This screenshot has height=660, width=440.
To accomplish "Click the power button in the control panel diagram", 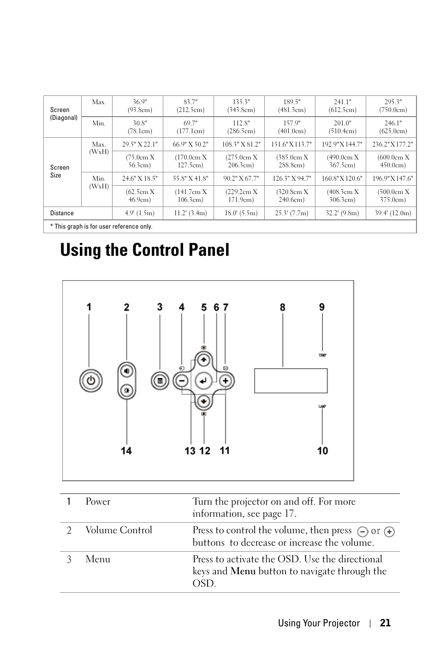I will (91, 381).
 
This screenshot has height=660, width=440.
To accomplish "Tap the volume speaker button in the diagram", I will (127, 370).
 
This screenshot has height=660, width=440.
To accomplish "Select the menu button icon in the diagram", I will (160, 381).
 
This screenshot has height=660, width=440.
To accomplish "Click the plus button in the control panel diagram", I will (226, 381).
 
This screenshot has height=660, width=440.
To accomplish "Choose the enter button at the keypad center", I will (203, 381).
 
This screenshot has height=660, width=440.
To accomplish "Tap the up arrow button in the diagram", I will (203, 359).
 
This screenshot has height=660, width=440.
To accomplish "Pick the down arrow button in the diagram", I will (203, 401).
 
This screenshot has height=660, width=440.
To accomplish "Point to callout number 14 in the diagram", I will (126, 450).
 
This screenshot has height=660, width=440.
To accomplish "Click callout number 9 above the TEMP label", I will (322, 307).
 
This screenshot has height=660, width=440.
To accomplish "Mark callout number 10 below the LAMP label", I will (322, 450).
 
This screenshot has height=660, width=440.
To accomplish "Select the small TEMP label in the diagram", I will (322, 355).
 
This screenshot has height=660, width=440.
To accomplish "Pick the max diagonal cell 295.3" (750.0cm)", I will (393, 106).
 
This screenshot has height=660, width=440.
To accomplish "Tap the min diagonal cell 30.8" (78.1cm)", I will (140, 127).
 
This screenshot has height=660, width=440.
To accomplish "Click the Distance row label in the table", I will (62, 213).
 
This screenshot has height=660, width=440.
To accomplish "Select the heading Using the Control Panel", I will (144, 250).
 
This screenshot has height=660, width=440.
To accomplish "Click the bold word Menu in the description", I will (243, 571).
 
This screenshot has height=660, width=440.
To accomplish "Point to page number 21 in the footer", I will (385, 623).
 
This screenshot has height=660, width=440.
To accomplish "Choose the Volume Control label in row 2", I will (119, 530).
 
